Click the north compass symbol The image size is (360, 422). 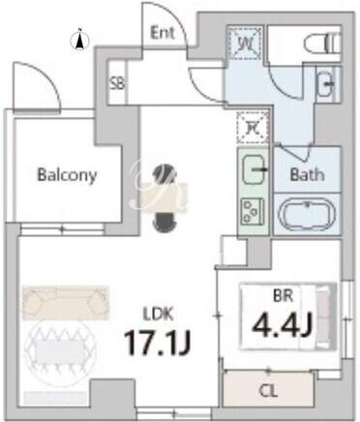pyautogui.click(x=79, y=40)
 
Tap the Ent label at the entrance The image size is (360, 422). pyautogui.click(x=163, y=33)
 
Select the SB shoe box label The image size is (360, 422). pyautogui.click(x=117, y=84)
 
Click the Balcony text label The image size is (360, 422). pyautogui.click(x=67, y=175)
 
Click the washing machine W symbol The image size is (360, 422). pyautogui.click(x=244, y=43)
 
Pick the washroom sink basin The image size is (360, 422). pyautogui.click(x=326, y=84)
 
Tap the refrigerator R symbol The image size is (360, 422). pyautogui.click(x=253, y=128)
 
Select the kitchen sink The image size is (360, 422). pyautogui.click(x=254, y=169)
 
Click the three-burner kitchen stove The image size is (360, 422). pyautogui.click(x=253, y=212)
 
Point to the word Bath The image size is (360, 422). pyautogui.click(x=307, y=174)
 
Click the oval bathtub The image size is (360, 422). pyautogui.click(x=308, y=215)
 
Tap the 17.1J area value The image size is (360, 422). pyautogui.click(x=158, y=343)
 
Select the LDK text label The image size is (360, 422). pyautogui.click(x=158, y=315)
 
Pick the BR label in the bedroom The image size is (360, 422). pyautogui.click(x=283, y=296)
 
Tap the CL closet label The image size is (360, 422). pyautogui.click(x=268, y=392)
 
